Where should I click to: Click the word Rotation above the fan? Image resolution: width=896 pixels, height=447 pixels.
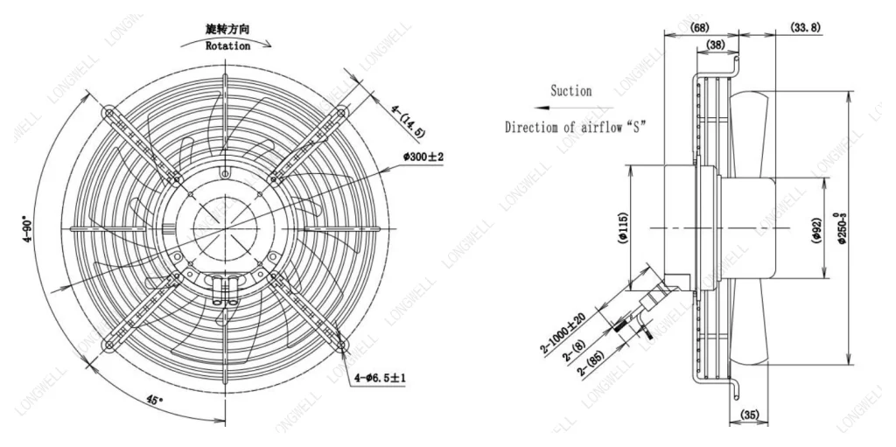click(x=227, y=45)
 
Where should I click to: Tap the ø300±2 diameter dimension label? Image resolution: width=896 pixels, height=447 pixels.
click(x=423, y=157)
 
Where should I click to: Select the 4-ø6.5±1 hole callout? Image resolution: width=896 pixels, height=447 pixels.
click(x=380, y=378)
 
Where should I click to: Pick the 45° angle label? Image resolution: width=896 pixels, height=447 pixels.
click(x=150, y=398)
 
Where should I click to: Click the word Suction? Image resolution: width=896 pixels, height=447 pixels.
click(x=570, y=91)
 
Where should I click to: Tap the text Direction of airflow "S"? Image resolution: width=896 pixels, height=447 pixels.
click(x=576, y=127)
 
